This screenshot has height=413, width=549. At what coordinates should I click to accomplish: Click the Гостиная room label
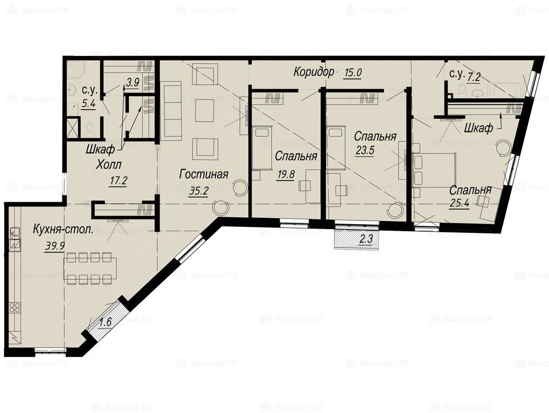click(204, 174)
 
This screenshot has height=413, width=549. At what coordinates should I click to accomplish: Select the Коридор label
click(314, 72)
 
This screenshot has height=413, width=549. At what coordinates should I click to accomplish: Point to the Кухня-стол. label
click(64, 230)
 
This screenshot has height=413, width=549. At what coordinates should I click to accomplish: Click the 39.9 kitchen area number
click(54, 246)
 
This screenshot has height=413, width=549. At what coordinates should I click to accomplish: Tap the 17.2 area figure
click(117, 181)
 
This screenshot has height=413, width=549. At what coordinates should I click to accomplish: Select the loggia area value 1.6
click(105, 322)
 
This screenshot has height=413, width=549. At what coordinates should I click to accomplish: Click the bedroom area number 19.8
click(286, 174)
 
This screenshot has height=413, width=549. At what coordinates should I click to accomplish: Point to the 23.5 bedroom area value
click(365, 150)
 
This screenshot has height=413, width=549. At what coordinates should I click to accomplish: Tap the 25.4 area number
click(460, 203)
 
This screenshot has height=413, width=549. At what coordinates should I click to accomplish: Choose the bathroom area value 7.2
click(474, 77)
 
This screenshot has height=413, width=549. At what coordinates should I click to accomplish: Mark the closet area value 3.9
click(133, 82)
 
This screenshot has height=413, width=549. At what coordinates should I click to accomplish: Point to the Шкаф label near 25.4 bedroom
click(478, 128)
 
